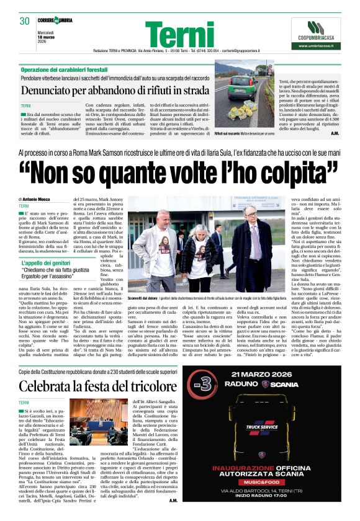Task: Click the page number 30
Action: [24, 21]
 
